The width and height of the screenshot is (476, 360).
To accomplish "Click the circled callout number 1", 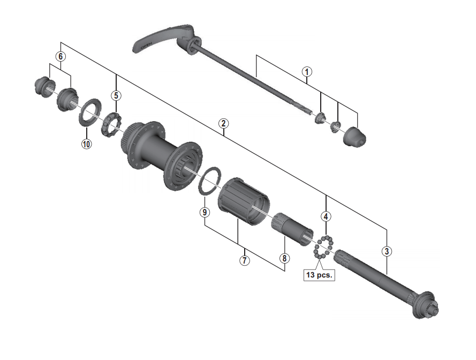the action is [x=307, y=72].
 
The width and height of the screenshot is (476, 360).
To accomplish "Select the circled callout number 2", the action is [x=223, y=124].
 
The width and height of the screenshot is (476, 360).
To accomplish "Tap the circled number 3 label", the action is [x=387, y=252].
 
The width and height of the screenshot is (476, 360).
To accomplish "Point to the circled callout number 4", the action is [x=326, y=216].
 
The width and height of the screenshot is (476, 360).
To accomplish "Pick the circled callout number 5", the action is [x=116, y=96].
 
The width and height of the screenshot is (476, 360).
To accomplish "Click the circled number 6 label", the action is [x=61, y=56].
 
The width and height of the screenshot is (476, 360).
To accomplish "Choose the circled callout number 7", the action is [x=244, y=260].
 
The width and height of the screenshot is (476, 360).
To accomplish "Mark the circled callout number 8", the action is [x=284, y=258].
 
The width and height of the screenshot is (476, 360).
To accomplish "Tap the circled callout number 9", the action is [x=205, y=212].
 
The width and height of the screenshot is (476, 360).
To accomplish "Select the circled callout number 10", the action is [x=87, y=144].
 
